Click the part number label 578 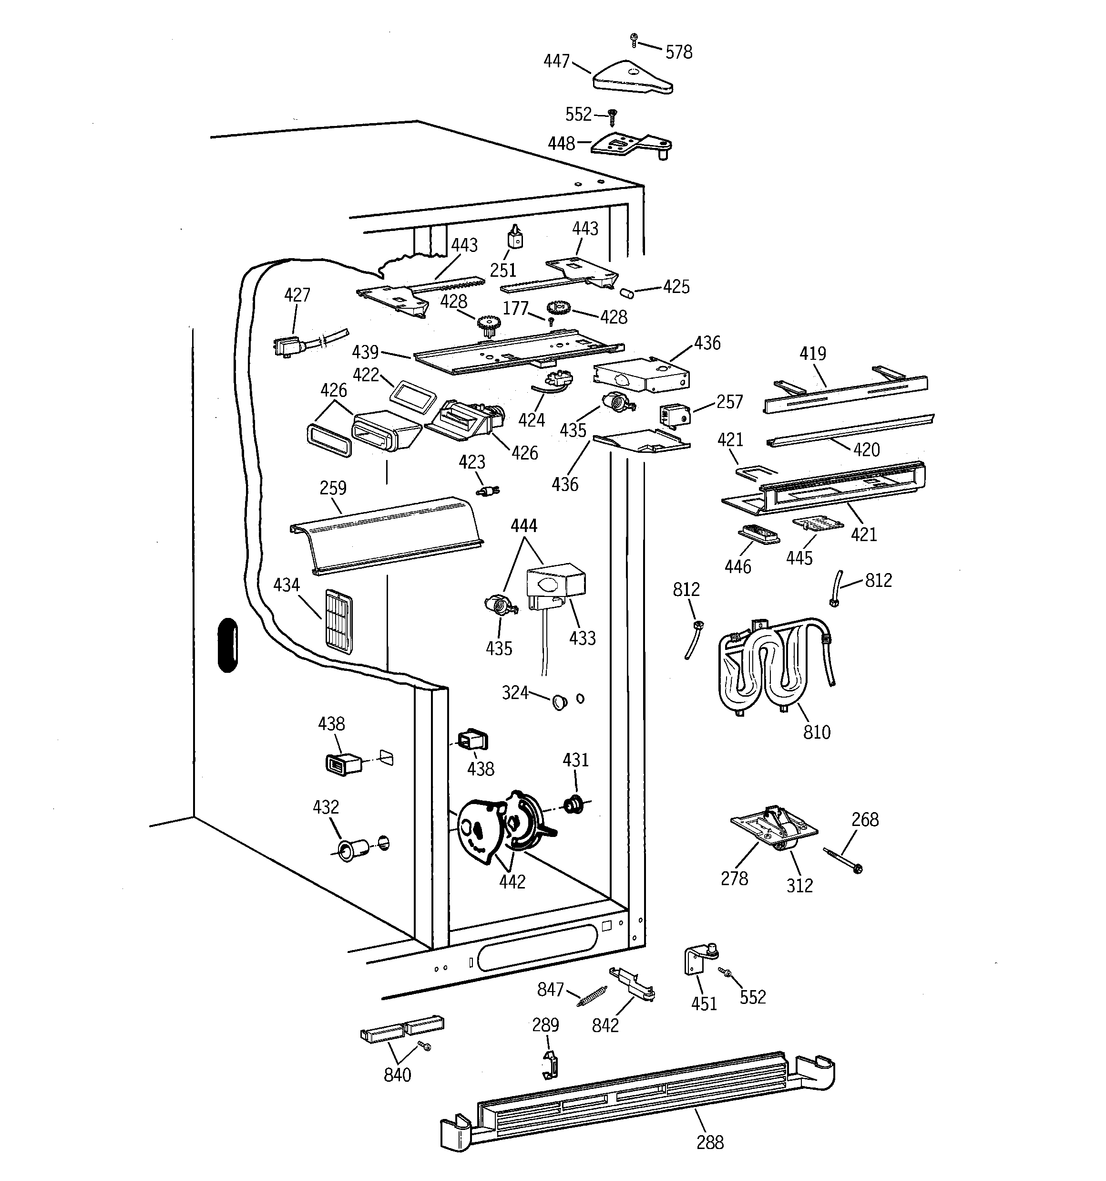coord(678,52)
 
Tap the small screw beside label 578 coord(634,40)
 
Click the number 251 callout coord(503,270)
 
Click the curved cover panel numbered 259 coord(386,534)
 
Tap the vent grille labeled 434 coord(338,621)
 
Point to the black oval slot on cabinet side coord(227,645)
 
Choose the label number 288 coord(710,1142)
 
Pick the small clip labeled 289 coord(550,1064)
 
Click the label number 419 coord(812,354)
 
